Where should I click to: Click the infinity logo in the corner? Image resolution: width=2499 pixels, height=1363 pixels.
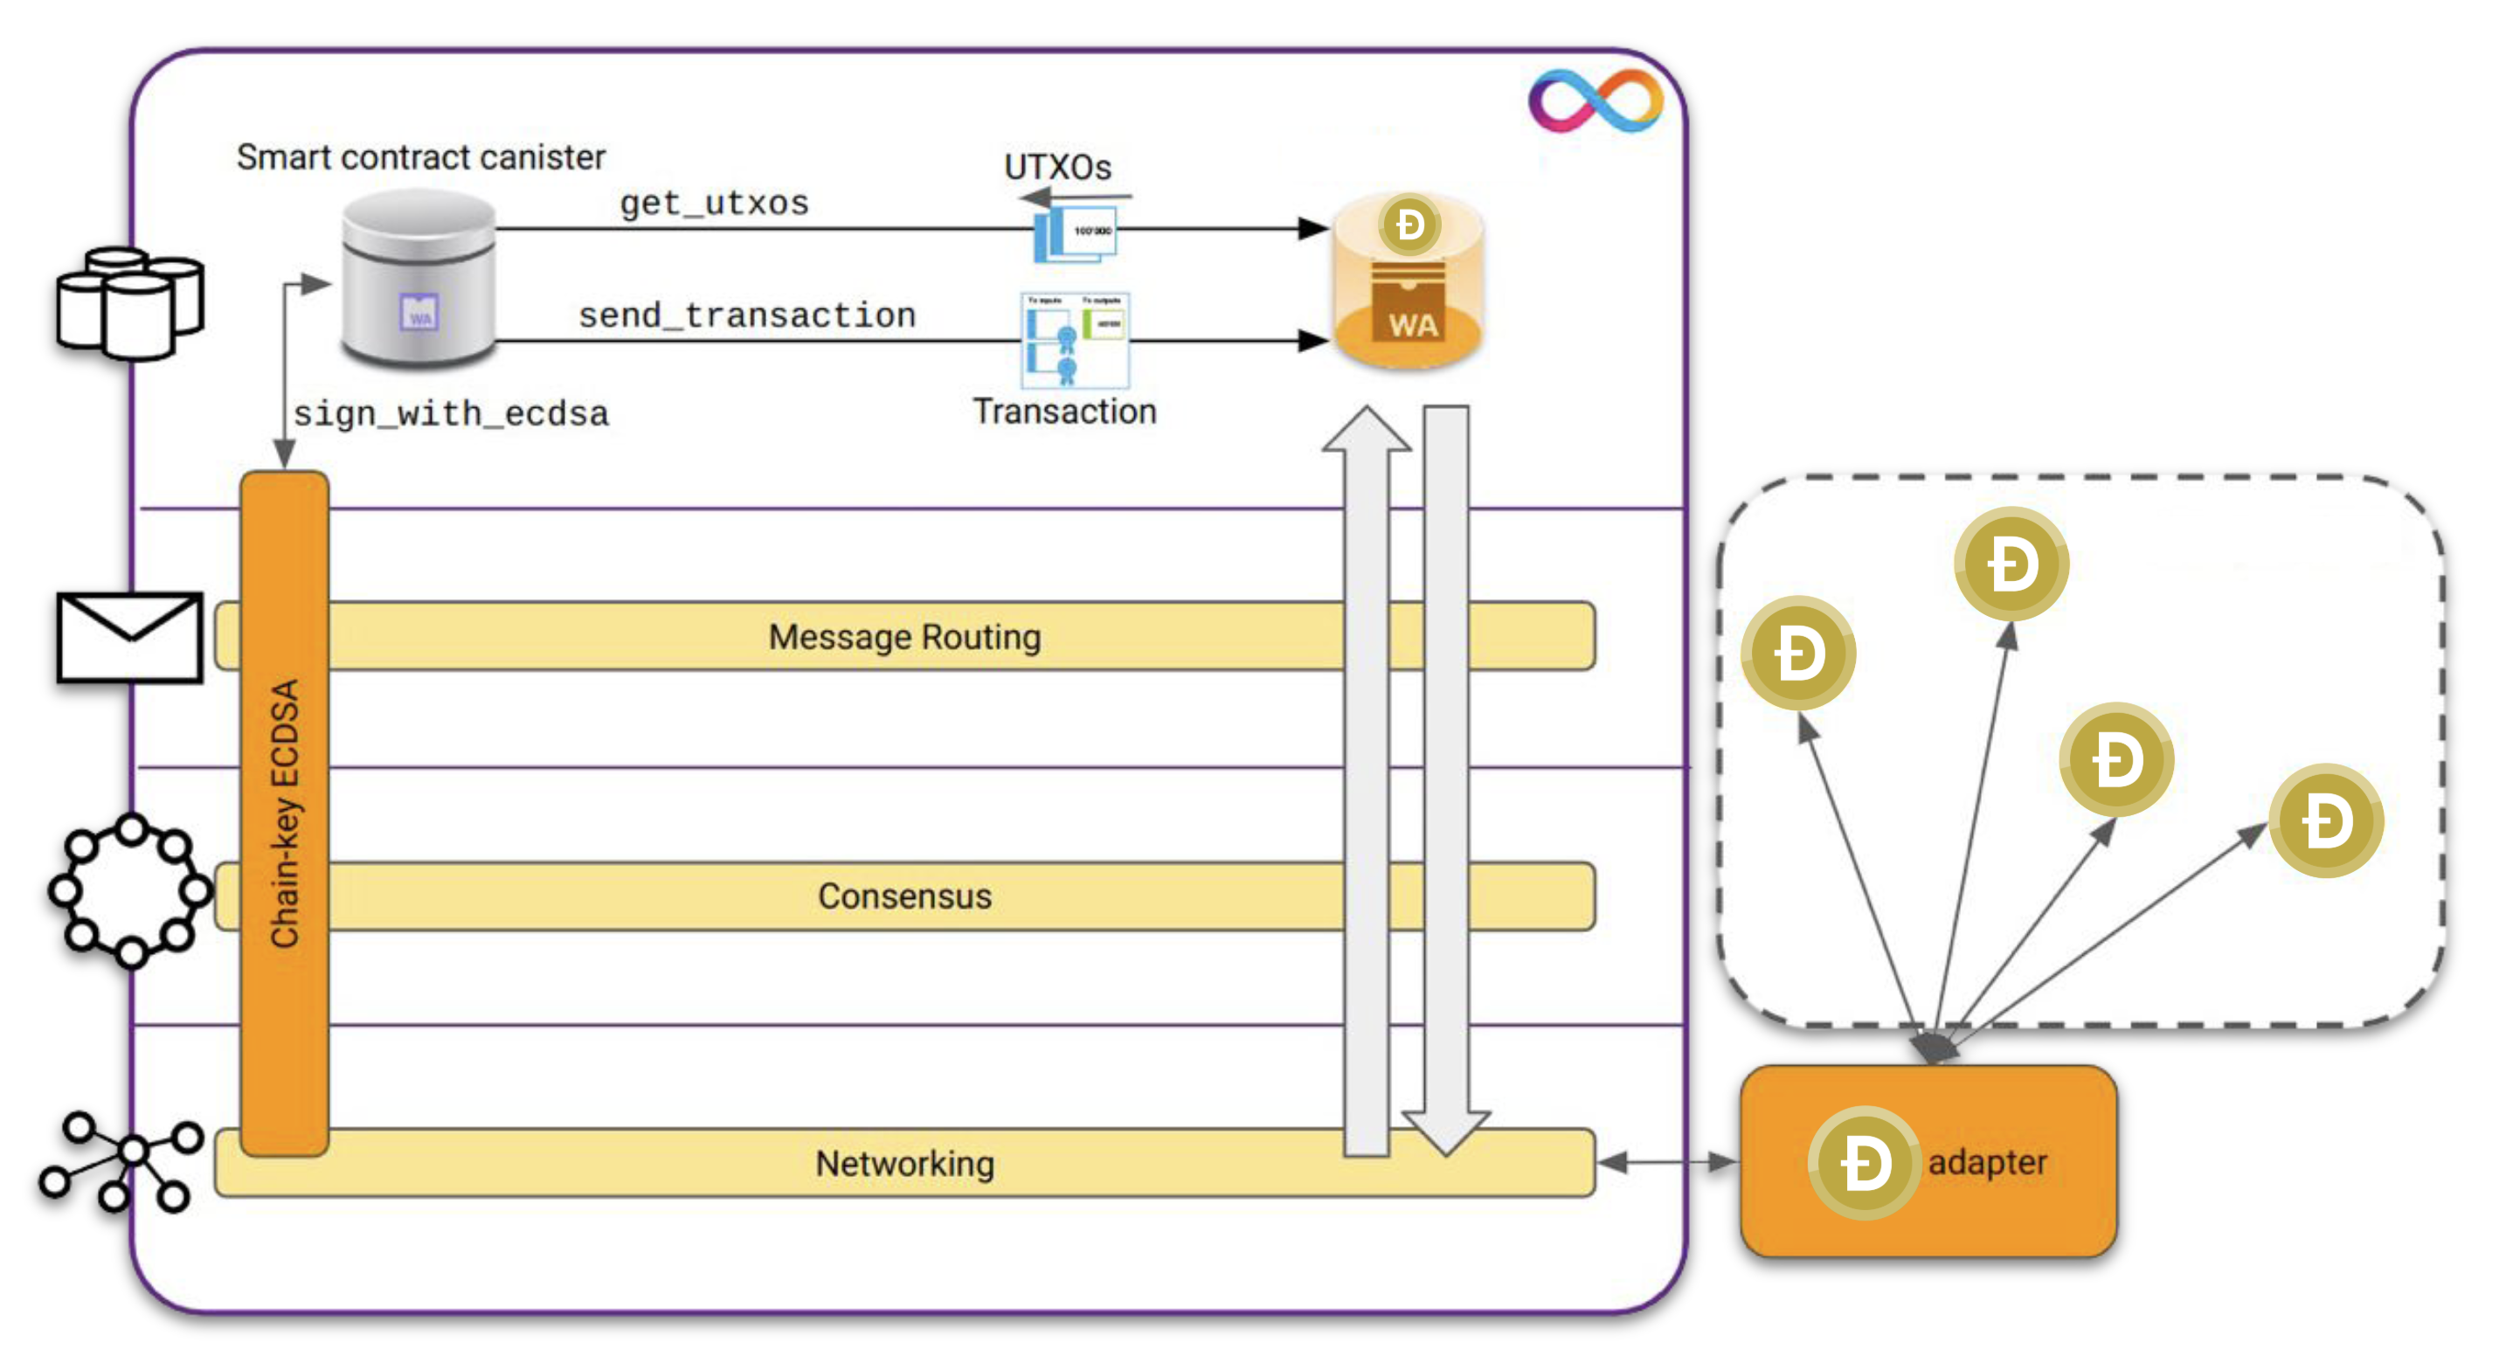pos(1596,100)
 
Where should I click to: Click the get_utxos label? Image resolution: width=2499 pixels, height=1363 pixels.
pos(714,203)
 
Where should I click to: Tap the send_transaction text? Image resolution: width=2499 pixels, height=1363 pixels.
pos(747,315)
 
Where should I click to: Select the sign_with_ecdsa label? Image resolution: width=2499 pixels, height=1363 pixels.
pos(451,414)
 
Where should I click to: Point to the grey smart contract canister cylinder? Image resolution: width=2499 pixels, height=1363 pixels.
pos(419,279)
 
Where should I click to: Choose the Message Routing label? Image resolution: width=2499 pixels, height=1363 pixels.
pos(904,636)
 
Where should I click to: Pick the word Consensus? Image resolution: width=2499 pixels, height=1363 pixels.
pos(904,896)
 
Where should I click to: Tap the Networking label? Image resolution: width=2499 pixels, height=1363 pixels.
pos(904,1162)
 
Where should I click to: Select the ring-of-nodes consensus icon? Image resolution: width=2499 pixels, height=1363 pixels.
pos(130,890)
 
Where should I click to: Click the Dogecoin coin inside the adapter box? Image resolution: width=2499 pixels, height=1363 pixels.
pos(1865,1162)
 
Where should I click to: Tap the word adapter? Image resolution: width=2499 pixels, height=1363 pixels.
pos(1987,1161)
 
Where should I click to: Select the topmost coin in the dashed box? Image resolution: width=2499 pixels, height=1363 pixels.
pos(2011,564)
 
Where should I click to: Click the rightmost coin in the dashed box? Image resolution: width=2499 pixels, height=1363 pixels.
pos(2326,820)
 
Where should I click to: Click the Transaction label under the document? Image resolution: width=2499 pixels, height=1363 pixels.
pos(1064,412)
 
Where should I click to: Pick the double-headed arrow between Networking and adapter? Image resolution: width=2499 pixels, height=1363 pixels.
pos(1666,1161)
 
